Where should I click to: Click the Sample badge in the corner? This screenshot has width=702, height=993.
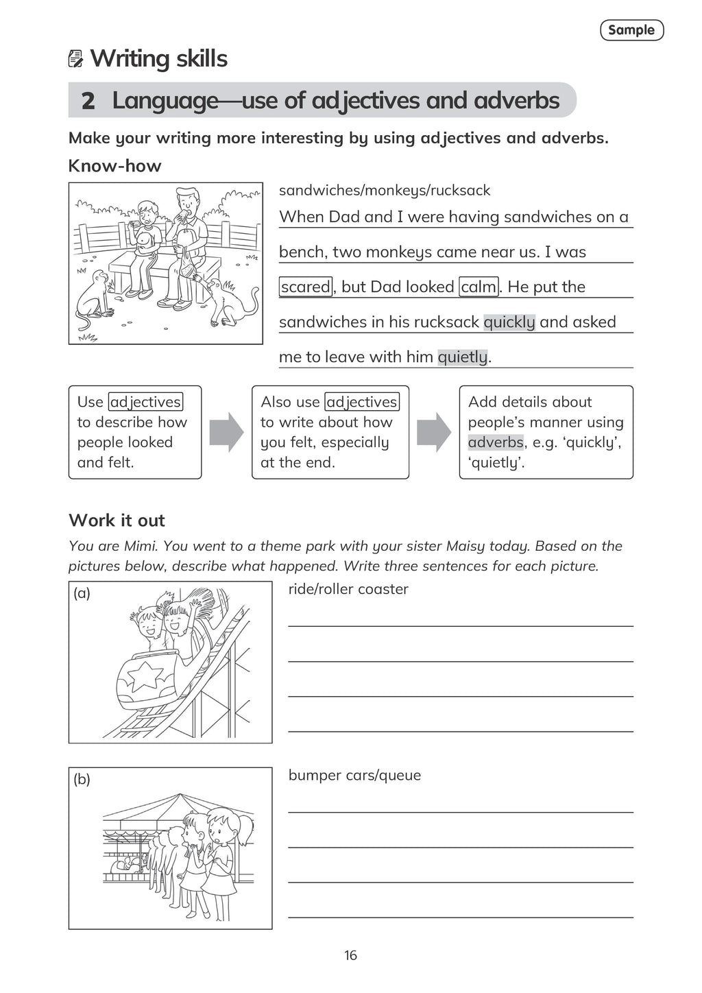click(631, 30)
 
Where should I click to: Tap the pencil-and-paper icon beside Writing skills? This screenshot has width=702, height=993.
click(76, 59)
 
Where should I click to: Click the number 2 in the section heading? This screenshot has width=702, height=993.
click(88, 101)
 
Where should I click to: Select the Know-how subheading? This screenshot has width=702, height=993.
click(114, 166)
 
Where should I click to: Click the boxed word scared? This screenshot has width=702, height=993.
click(306, 287)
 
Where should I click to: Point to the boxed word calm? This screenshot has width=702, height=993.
click(479, 287)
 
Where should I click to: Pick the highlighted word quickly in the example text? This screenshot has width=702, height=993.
click(509, 322)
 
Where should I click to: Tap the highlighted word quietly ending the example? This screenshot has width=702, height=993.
click(463, 357)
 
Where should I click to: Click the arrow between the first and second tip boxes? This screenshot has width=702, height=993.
click(226, 432)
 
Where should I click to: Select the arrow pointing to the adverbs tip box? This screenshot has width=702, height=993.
click(434, 432)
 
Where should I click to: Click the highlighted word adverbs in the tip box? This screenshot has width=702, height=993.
click(496, 442)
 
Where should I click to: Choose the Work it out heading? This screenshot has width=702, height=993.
click(117, 521)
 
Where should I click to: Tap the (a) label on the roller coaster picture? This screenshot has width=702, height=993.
click(82, 593)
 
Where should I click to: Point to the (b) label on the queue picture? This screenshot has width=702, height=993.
click(82, 779)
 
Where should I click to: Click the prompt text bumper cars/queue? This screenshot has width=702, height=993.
click(354, 775)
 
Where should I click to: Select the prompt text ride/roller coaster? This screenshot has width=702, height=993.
click(348, 589)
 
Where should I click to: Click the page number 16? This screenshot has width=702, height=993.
click(350, 955)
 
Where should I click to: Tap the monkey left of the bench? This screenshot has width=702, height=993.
click(95, 294)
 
